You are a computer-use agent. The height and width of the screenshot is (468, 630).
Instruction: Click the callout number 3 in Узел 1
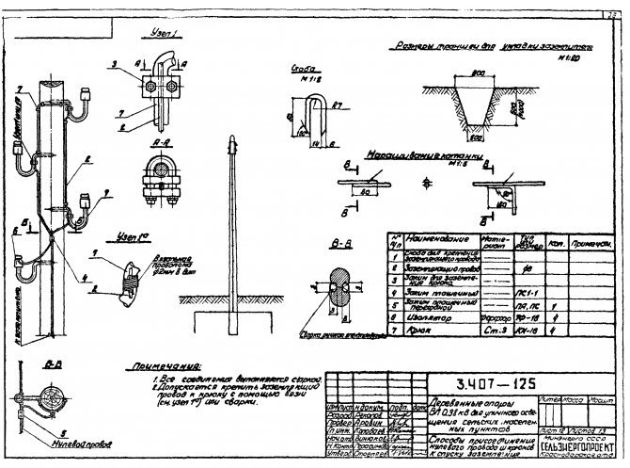[x=113, y=65]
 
